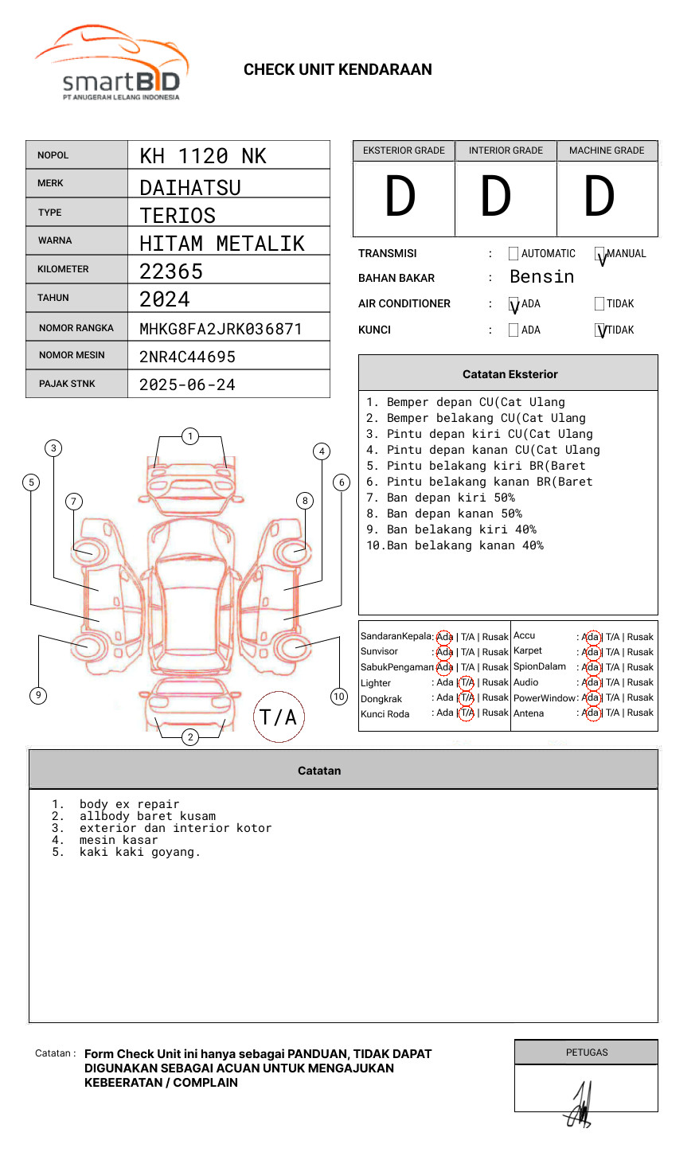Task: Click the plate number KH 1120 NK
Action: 203,156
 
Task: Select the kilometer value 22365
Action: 171,271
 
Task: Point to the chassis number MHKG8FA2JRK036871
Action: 221,329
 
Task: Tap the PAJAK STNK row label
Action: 67,384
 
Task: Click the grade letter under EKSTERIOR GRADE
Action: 400,197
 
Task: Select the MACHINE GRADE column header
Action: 607,150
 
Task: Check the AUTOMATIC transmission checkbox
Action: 514,254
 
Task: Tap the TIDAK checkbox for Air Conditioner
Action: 599,304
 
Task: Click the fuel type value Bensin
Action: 541,277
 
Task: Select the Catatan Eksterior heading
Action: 510,374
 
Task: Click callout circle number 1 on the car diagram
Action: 190,436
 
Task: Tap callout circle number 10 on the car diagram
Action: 339,697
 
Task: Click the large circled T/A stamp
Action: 279,717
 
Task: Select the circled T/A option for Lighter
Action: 467,682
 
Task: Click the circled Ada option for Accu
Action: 591,637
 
